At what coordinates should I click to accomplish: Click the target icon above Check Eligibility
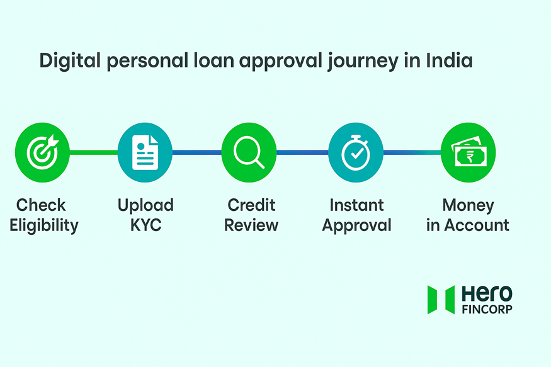42,152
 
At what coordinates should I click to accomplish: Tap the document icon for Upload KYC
145,152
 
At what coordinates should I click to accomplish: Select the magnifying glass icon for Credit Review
249,152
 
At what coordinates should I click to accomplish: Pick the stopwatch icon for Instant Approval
356,152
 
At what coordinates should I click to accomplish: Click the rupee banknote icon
468,152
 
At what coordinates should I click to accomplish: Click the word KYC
145,225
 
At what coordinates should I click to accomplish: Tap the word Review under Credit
251,225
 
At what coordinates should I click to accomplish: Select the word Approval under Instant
356,225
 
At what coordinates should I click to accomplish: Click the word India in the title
449,62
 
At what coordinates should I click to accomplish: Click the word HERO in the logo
487,293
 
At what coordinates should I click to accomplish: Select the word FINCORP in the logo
487,309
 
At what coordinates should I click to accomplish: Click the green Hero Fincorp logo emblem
441,300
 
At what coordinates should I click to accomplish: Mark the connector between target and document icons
93,152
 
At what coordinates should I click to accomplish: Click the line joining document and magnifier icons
196,152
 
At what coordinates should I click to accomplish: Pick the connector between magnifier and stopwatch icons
302,152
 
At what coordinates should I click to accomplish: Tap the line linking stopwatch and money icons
412,152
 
